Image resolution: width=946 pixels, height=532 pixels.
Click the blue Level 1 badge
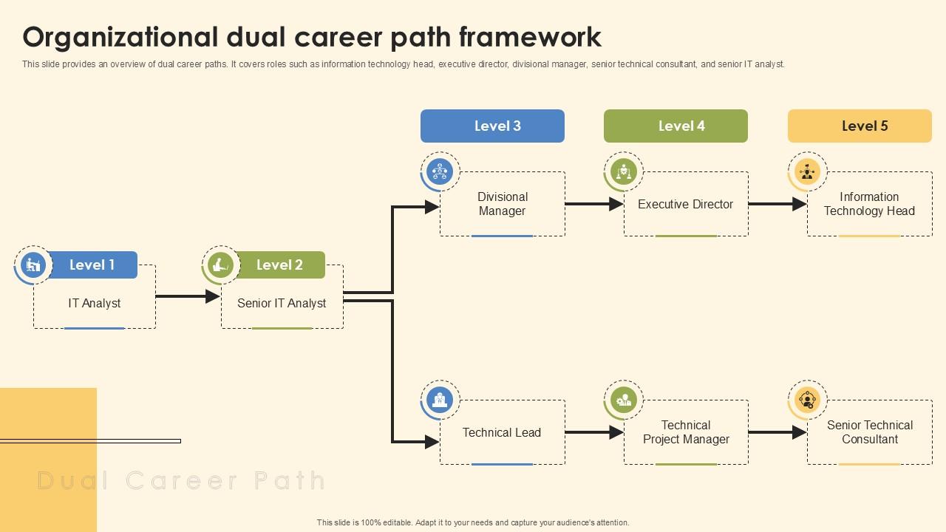(x=92, y=265)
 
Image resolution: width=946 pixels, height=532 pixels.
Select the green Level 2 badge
(x=279, y=265)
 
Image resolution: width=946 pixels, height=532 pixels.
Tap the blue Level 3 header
(x=492, y=126)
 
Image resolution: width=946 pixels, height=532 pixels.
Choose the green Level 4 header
(x=676, y=126)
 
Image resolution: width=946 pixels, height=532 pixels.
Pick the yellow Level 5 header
(x=860, y=126)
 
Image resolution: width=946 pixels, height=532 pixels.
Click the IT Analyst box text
(x=95, y=303)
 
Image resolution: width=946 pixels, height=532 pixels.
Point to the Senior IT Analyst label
(x=282, y=303)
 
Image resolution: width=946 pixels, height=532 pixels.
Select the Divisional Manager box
(x=503, y=204)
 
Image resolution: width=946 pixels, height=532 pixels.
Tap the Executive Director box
(x=686, y=204)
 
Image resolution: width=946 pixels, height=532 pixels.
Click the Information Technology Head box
(x=869, y=204)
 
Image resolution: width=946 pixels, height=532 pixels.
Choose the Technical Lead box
(x=502, y=432)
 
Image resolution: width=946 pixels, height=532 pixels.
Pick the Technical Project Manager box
(x=686, y=432)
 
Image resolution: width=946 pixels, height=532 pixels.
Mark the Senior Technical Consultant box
(x=870, y=432)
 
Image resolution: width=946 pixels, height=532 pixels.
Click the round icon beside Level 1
(x=33, y=265)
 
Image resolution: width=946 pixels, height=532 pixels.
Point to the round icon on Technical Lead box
(x=440, y=400)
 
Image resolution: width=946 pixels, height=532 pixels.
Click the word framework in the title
(x=530, y=36)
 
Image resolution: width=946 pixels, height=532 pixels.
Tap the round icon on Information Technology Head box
(x=807, y=171)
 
